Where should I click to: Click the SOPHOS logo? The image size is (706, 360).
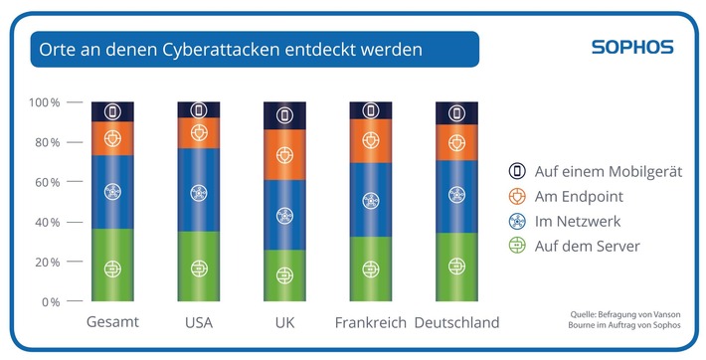coord(632,47)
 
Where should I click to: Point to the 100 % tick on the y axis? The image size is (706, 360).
coord(44,102)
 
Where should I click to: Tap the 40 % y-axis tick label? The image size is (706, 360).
coord(46,222)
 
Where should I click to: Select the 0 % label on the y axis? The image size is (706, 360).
coord(49,301)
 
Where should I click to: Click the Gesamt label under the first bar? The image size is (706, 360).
coord(112,323)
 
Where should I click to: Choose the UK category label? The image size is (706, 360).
coord(284,323)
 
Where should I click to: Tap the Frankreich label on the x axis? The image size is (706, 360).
coord(370,323)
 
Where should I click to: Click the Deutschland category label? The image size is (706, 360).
coord(456,323)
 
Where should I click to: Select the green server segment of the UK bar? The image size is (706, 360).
coord(284,275)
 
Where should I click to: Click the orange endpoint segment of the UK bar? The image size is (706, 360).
coord(284,156)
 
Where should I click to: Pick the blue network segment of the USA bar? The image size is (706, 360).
coord(199,190)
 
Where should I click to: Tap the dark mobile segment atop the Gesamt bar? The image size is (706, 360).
coord(112,111)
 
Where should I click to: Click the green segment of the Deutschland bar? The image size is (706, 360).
coord(456,267)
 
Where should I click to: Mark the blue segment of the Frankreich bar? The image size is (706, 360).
coord(370,200)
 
